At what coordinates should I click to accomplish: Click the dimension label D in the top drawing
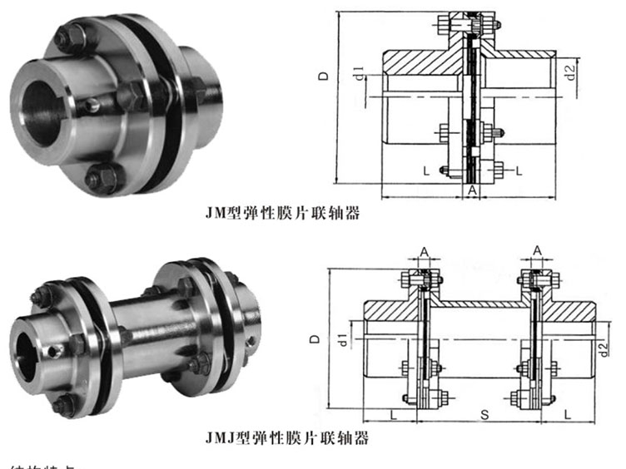pyautogui.click(x=323, y=75)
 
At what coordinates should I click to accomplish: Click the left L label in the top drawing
pyautogui.click(x=425, y=170)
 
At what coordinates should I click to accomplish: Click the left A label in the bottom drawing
pyautogui.click(x=423, y=249)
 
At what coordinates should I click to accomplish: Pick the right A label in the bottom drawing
pyautogui.click(x=537, y=249)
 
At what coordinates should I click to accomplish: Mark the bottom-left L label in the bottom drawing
pyautogui.click(x=390, y=412)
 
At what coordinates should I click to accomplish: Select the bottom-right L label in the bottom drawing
pyautogui.click(x=567, y=412)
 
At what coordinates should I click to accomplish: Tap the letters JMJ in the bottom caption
pyautogui.click(x=219, y=436)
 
